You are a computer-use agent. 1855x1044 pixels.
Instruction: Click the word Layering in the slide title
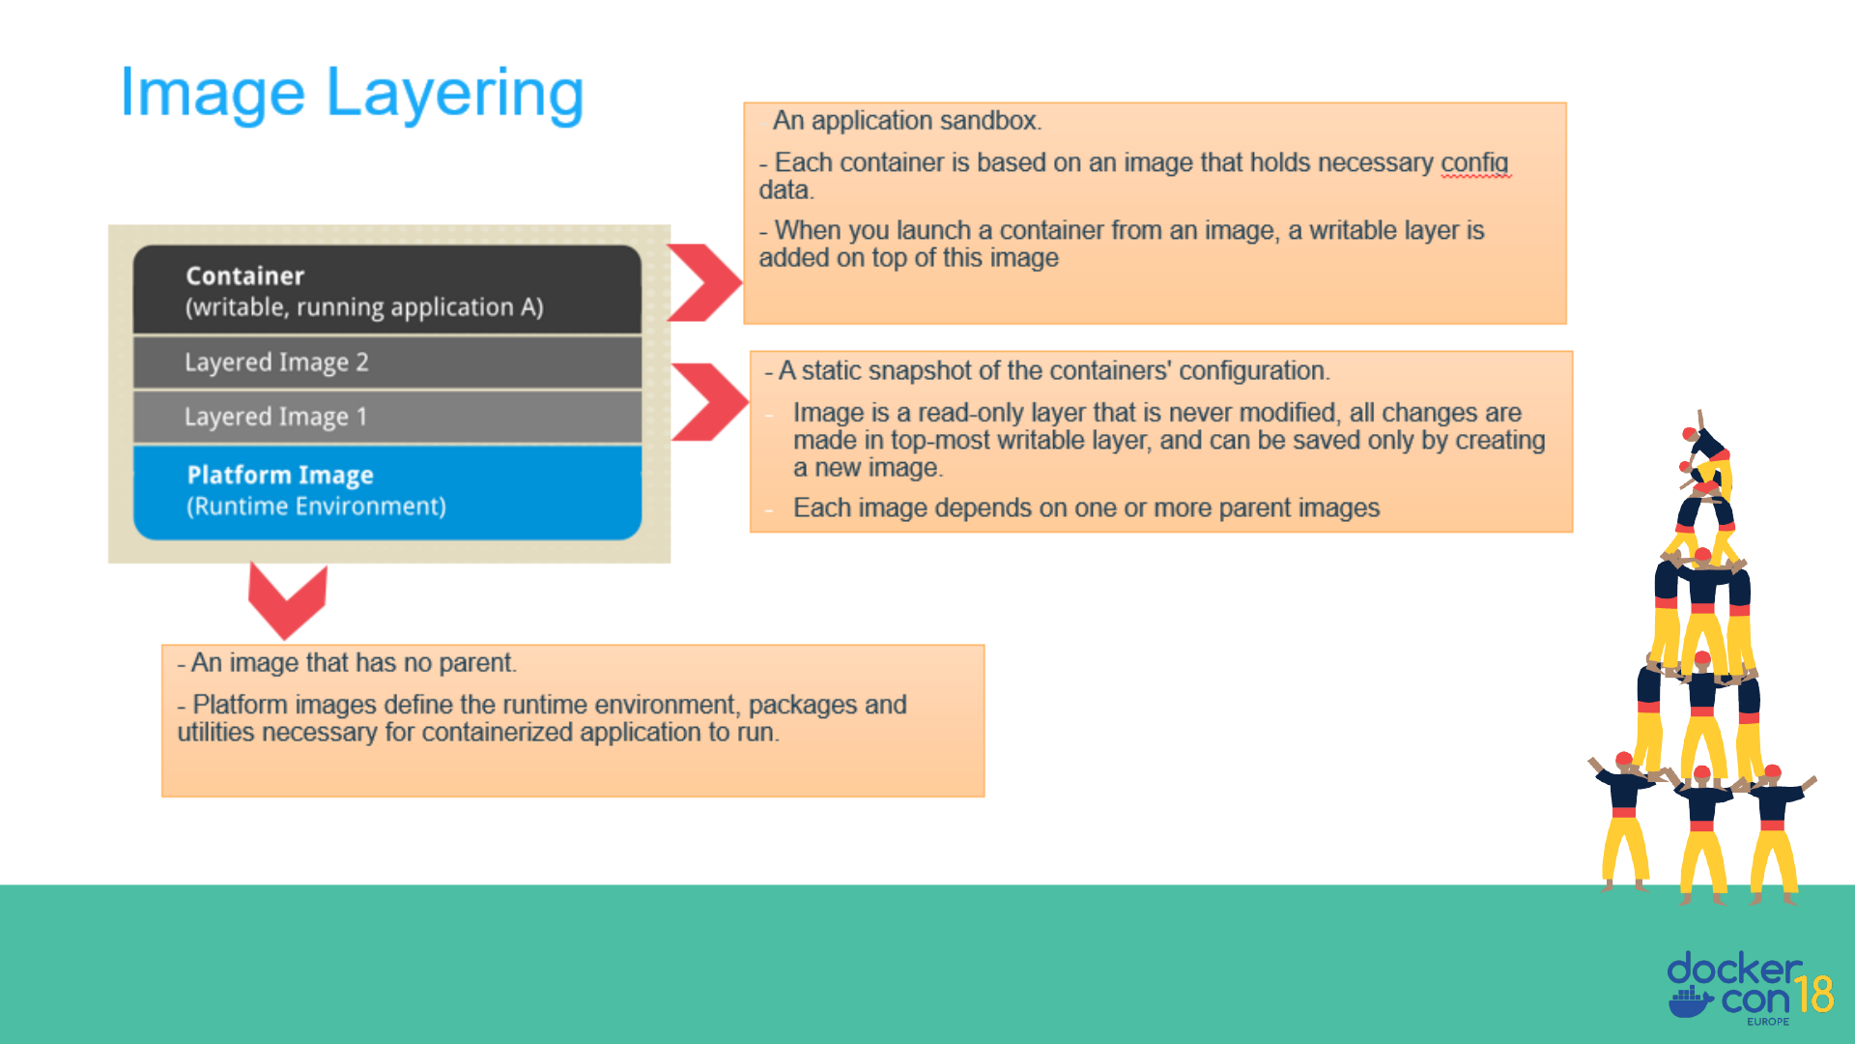455,95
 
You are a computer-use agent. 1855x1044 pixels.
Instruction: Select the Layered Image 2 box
387,362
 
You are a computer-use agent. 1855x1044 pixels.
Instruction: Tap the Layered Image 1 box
387,417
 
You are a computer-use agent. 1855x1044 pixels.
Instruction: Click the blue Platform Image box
387,492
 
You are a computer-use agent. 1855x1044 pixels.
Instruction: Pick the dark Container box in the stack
387,289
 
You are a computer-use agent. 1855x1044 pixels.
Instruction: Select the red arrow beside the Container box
704,282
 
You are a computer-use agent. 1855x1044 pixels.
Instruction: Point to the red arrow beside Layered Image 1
710,402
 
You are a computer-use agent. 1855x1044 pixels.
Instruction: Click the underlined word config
1474,163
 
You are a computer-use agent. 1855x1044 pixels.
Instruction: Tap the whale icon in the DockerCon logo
1691,1001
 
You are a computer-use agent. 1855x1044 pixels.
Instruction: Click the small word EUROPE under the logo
1768,1022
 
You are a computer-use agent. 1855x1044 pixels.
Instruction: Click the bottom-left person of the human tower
1625,822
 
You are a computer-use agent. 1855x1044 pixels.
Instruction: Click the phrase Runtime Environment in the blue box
317,507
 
